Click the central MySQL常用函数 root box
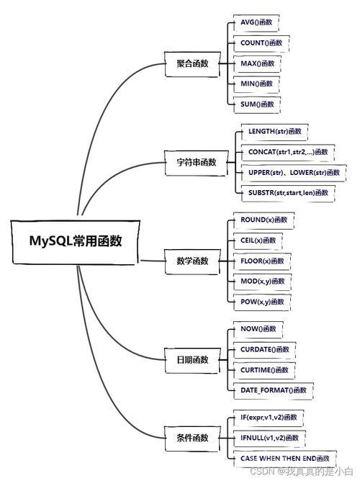click(76, 242)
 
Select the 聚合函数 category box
click(192, 64)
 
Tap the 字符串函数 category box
click(197, 163)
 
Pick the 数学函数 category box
click(192, 261)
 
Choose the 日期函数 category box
click(192, 360)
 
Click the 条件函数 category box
click(192, 439)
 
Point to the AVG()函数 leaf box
click(256, 23)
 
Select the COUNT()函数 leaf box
click(261, 43)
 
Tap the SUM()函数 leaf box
click(257, 105)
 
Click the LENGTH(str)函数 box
click(275, 132)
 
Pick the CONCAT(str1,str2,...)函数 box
click(288, 153)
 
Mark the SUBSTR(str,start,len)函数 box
click(288, 193)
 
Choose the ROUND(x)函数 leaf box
click(264, 220)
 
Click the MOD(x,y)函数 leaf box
click(263, 282)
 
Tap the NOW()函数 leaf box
click(258, 330)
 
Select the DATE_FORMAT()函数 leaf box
click(274, 391)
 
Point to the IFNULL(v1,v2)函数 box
click(269, 439)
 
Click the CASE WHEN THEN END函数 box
click(285, 459)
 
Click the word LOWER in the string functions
click(302, 173)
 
